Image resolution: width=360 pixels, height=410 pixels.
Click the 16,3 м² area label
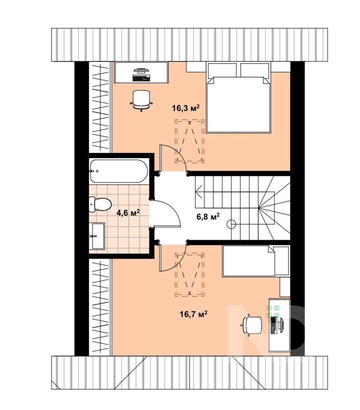pyautogui.click(x=186, y=107)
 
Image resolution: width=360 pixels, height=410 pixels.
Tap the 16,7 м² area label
pyautogui.click(x=194, y=314)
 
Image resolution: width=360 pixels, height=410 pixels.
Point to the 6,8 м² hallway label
pyautogui.click(x=207, y=216)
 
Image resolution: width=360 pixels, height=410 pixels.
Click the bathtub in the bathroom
pyautogui.click(x=119, y=171)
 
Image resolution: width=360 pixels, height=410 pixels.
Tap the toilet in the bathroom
pyautogui.click(x=100, y=204)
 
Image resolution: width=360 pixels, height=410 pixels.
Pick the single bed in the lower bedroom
pyautogui.click(x=256, y=261)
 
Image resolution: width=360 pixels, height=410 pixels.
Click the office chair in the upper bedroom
pyautogui.click(x=141, y=100)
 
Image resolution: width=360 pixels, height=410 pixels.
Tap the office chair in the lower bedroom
pyautogui.click(x=251, y=325)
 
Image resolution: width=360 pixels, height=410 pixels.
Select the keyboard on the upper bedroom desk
pyautogui.click(x=141, y=78)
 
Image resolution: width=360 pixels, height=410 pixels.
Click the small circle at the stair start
pyautogui.click(x=231, y=224)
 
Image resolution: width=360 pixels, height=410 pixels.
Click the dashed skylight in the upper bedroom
pyautogui.click(x=190, y=141)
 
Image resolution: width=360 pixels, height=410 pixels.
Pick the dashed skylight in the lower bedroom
pyautogui.click(x=189, y=275)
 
